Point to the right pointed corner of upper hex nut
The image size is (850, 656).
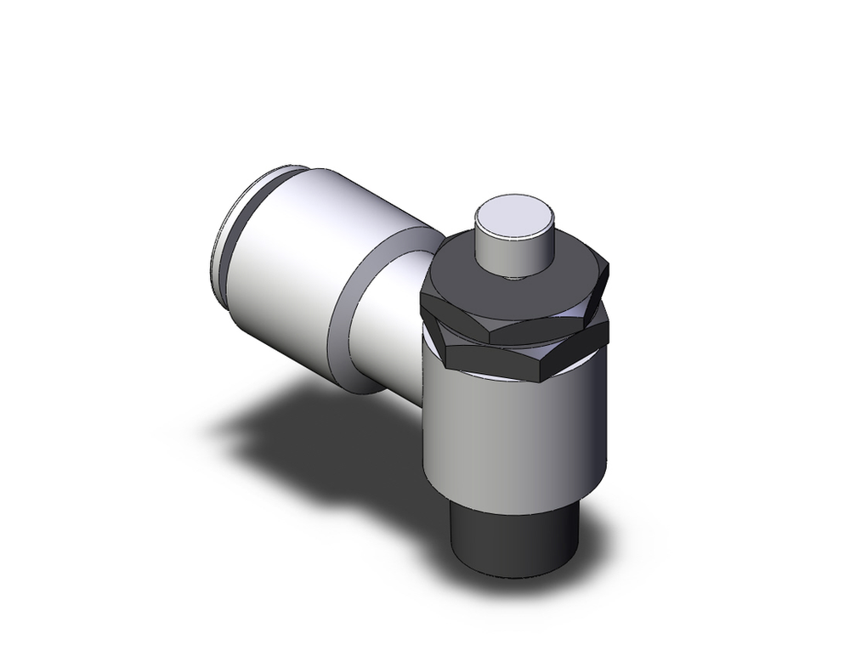(x=610, y=270)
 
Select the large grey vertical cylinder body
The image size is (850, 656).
(x=510, y=433)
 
